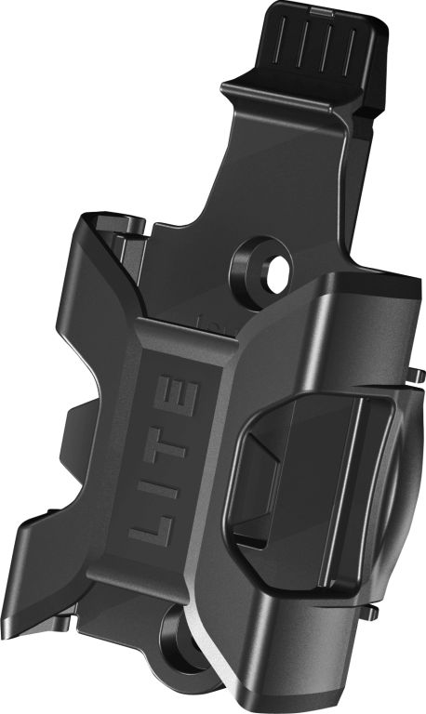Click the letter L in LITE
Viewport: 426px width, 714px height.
pos(152,530)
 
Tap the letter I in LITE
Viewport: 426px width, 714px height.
pos(157,489)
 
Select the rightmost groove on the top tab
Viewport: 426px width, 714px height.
pos(350,51)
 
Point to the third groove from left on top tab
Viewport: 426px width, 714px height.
pos(327,46)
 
